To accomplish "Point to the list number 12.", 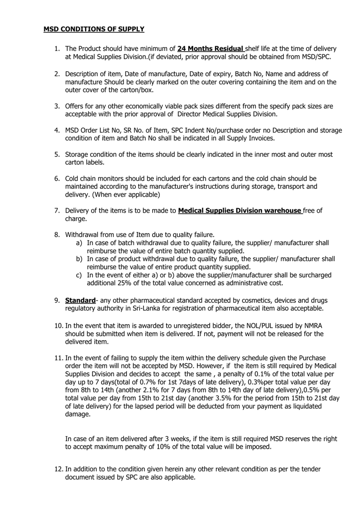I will pyautogui.click(x=59, y=469).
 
